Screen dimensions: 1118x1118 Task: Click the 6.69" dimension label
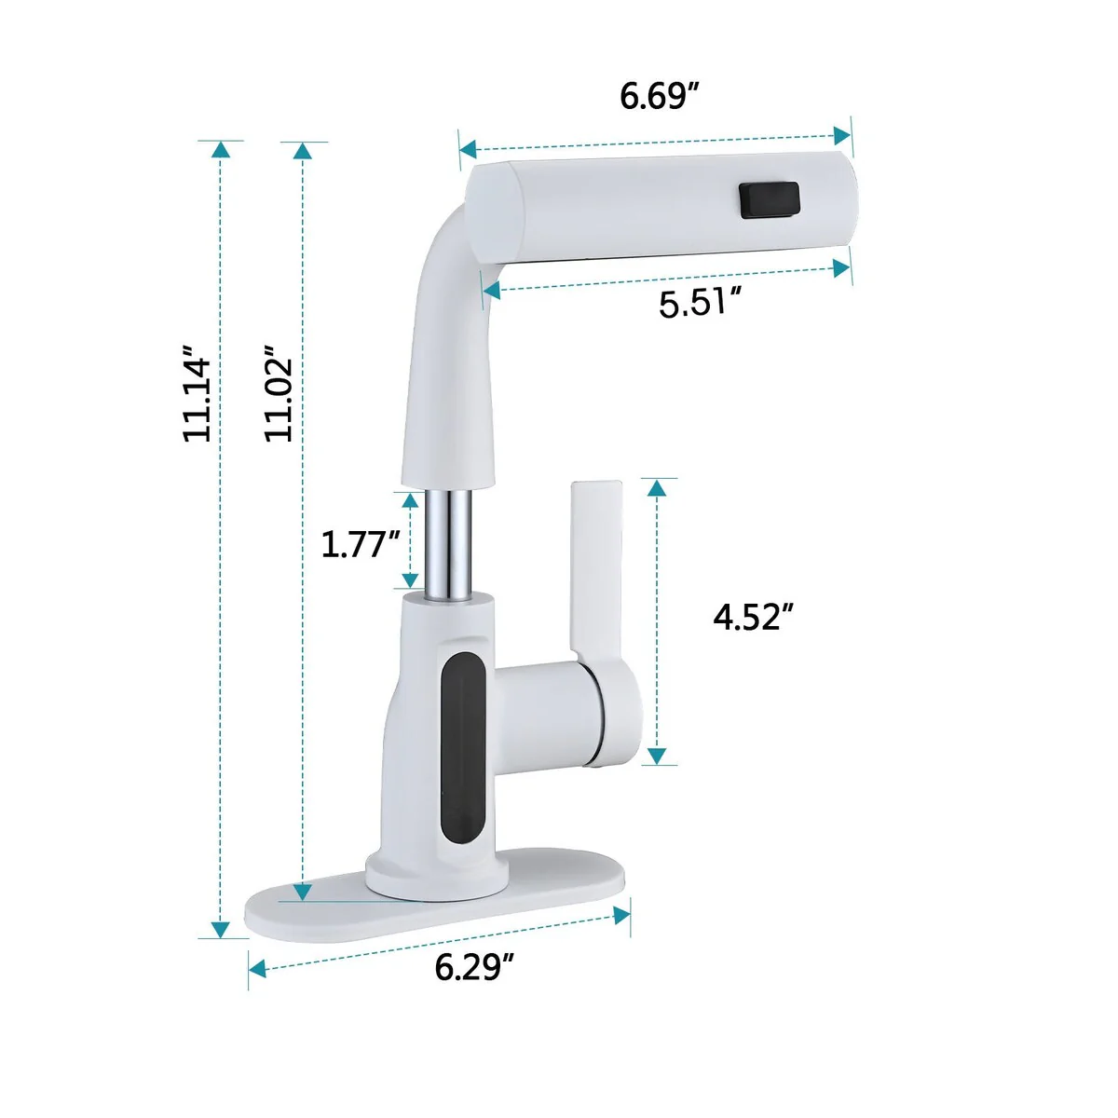(660, 96)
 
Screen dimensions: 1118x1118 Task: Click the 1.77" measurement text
(361, 545)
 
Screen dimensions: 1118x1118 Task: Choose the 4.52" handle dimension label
(753, 617)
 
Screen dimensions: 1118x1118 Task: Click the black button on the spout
(769, 199)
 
